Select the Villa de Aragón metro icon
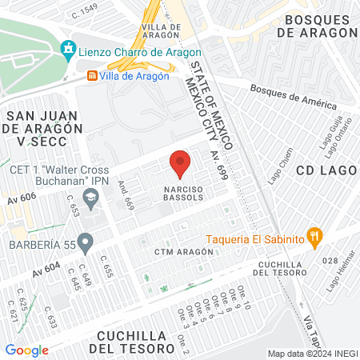pos(94,76)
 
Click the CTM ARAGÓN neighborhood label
pos(185,251)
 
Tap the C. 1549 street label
pos(84,10)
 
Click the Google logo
pos(27,350)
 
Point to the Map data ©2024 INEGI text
pos(312,354)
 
